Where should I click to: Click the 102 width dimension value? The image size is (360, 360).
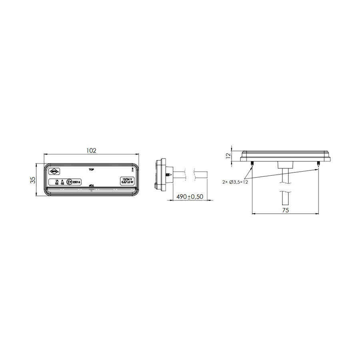92,150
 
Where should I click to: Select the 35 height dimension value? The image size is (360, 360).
34,180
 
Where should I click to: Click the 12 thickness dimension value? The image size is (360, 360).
228,156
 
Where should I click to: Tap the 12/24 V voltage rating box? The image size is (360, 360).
128,181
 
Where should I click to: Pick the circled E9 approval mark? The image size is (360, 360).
69,182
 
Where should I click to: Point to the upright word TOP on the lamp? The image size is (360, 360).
91,170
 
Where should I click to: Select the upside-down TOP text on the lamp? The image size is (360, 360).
91,186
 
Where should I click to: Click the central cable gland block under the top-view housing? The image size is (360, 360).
285,164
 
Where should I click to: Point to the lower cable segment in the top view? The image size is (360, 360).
285,198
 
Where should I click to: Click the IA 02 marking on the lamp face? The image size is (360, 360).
57,182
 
